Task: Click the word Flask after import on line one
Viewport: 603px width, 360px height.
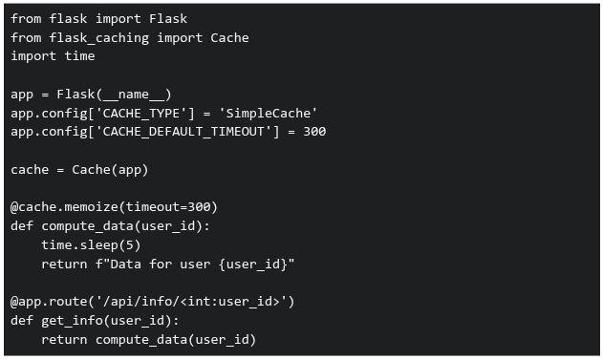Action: pos(168,18)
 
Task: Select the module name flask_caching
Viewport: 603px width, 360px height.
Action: pos(98,37)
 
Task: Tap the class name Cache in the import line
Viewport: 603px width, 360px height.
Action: pos(229,37)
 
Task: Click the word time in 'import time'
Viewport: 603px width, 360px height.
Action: pos(79,56)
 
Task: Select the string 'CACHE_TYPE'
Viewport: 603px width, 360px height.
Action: pos(141,114)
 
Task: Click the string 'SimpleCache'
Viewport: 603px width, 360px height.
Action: pos(268,114)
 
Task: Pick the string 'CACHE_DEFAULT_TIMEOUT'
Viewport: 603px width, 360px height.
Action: pos(183,132)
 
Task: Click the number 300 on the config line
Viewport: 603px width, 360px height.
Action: pos(314,132)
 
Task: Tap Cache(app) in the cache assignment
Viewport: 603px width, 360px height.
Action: pos(110,170)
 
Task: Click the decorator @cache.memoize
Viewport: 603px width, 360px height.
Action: pos(64,207)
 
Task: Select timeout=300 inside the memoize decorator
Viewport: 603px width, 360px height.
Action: pos(168,207)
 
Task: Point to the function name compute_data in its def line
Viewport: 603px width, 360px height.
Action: pos(87,226)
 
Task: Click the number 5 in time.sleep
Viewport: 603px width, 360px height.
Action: pos(130,245)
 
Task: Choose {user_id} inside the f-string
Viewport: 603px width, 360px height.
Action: pos(252,265)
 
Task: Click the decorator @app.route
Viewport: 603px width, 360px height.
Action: pos(49,302)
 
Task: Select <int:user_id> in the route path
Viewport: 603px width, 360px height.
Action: pos(229,302)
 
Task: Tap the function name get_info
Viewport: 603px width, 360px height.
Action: pos(72,321)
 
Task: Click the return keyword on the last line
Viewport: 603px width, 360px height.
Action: pos(64,340)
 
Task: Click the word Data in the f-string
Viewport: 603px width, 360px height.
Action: pos(126,265)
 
